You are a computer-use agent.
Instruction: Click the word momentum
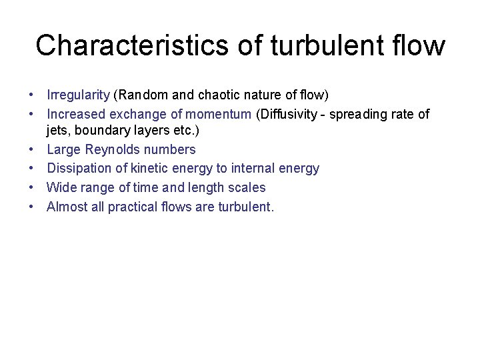219,115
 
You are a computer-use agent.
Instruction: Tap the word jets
57,131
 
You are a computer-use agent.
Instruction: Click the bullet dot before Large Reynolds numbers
32,150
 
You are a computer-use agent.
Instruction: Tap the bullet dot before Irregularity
32,95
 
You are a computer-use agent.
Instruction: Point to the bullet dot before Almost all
32,207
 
